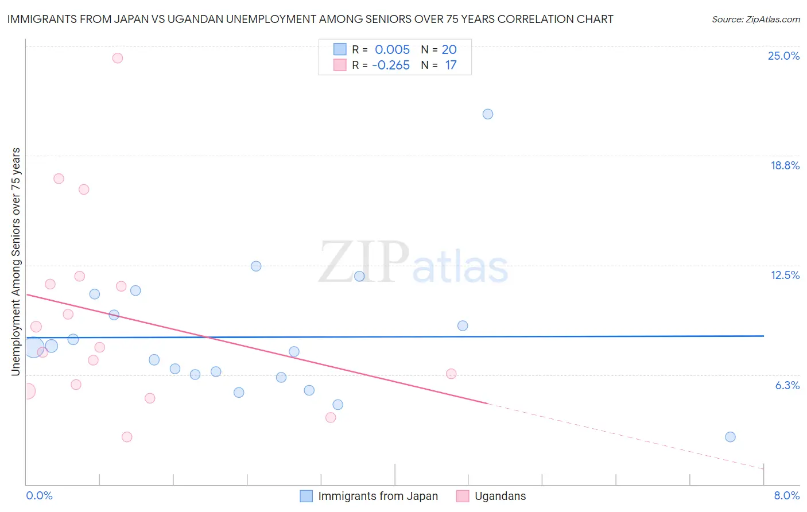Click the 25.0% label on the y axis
tap(783, 56)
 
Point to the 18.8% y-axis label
tap(785, 165)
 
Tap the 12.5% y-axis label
tap(785, 275)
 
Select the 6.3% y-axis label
tap(787, 385)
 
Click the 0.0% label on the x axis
tap(39, 495)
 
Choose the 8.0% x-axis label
tap(786, 495)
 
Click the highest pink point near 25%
tap(118, 58)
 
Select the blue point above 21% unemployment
tap(488, 114)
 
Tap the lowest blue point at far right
tap(730, 437)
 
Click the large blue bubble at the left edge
tap(33, 348)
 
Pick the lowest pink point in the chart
tap(127, 437)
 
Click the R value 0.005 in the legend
tap(392, 49)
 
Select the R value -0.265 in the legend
tap(391, 65)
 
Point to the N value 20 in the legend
tap(449, 49)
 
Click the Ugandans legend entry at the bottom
tap(499, 496)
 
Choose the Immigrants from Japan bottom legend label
tap(378, 496)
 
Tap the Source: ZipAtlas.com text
tap(755, 20)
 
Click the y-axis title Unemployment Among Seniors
tap(15, 262)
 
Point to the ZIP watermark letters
tap(364, 262)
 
